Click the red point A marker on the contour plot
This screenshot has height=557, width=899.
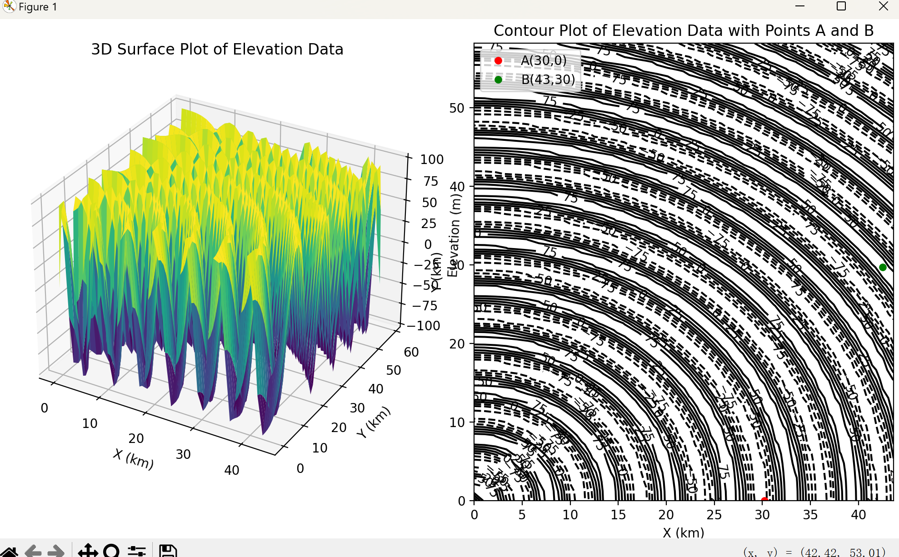[x=764, y=500]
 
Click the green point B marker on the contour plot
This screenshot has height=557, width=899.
[x=883, y=267]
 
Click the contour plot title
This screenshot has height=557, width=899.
[x=683, y=31]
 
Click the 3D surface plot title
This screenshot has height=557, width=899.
[x=217, y=49]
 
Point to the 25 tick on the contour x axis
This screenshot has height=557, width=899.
[x=714, y=515]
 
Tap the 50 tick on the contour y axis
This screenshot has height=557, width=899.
[x=457, y=108]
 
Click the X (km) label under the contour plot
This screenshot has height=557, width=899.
[x=683, y=532]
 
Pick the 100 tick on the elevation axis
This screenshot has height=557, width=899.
[x=431, y=159]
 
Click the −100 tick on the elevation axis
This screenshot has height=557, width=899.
[x=423, y=326]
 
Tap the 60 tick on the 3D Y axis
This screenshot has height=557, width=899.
[x=411, y=352]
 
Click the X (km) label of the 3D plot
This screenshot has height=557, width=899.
[x=134, y=458]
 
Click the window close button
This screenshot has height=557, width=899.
[x=883, y=6]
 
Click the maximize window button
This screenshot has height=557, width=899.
[x=841, y=6]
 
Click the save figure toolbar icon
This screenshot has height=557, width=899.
[x=168, y=551]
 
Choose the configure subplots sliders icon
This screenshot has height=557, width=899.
[x=136, y=551]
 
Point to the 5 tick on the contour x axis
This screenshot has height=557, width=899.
[x=522, y=515]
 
